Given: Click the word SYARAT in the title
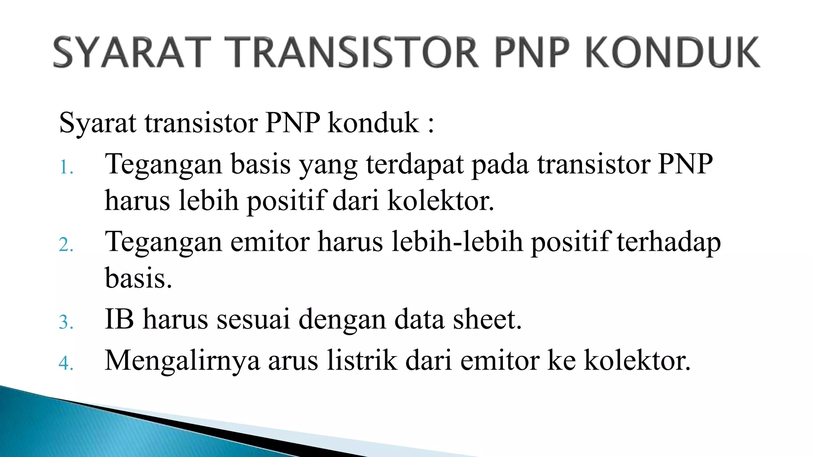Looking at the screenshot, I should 131,52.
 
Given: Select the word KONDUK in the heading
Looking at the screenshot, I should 672,52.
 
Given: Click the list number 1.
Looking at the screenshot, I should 66,167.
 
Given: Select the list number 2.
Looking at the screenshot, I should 66,245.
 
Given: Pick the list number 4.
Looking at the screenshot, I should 66,363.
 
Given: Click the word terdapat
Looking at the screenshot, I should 414,164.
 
